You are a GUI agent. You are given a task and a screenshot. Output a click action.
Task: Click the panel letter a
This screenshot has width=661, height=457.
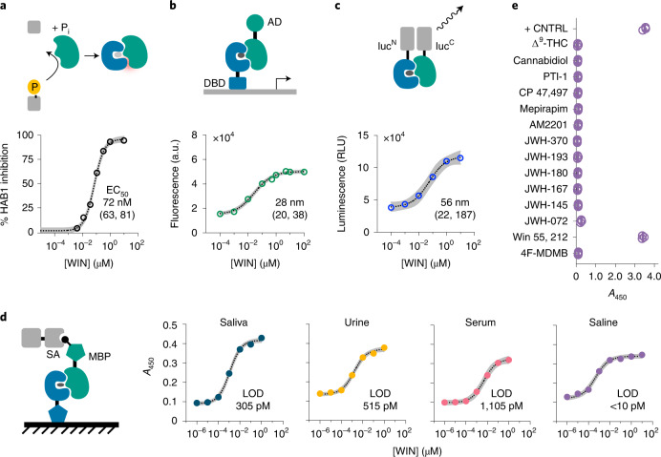[x=8, y=8]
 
